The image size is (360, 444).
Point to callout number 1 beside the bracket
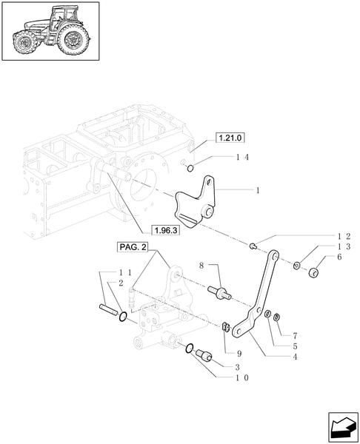point(257,191)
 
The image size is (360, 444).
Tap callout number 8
point(201,265)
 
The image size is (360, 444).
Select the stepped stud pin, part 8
point(221,293)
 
